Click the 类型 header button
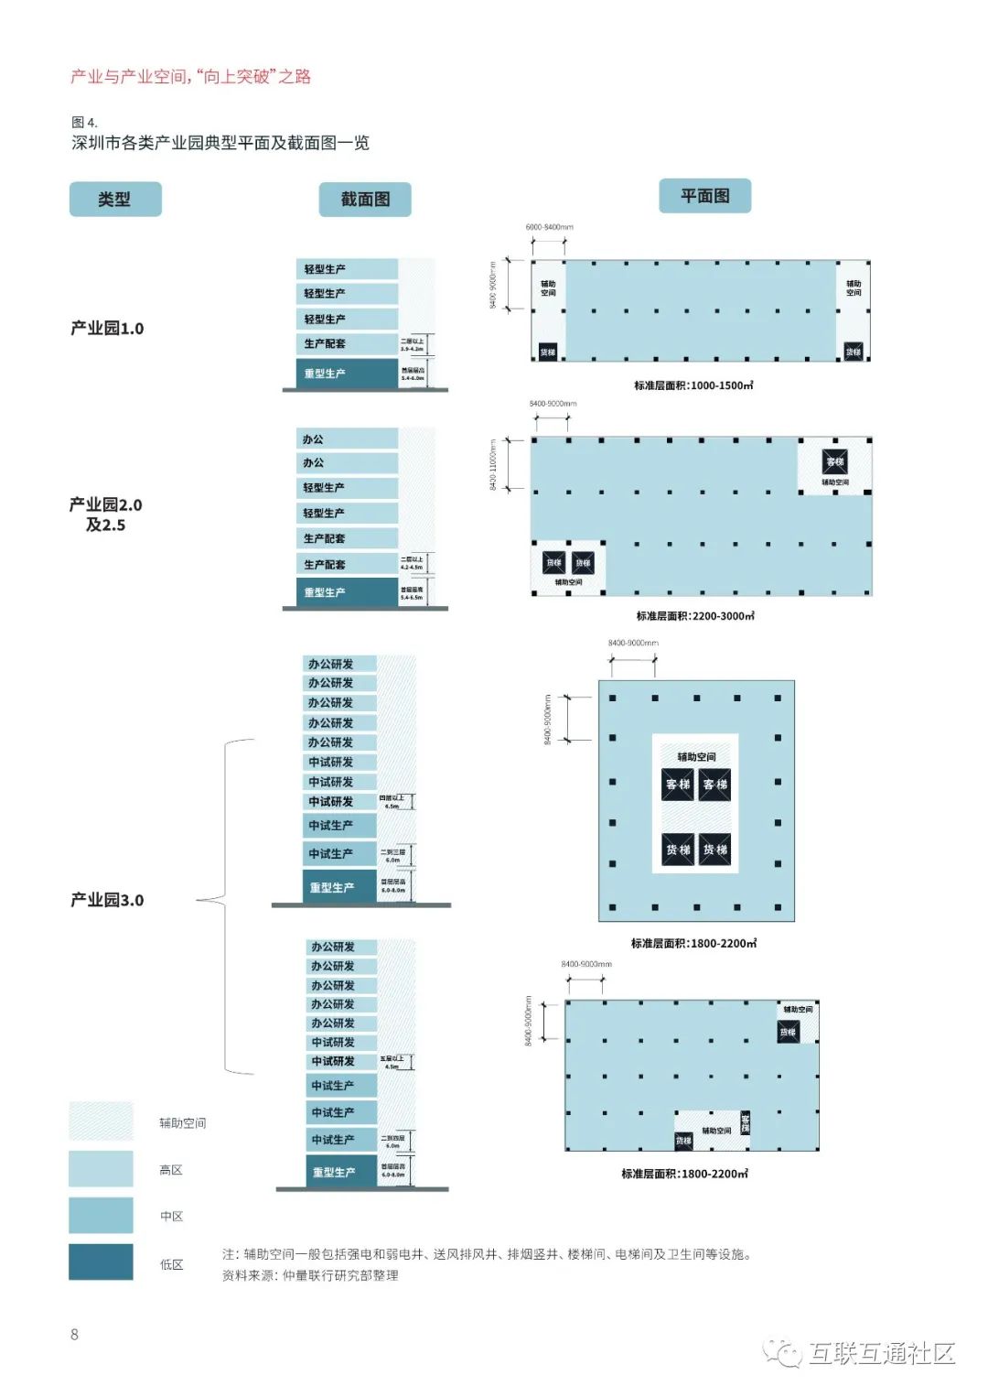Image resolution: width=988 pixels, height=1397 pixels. pos(115,199)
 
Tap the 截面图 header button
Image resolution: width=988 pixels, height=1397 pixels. pos(365,199)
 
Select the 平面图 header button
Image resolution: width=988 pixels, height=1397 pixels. pos(704,196)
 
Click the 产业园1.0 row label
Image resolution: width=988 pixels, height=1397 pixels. pos(107,329)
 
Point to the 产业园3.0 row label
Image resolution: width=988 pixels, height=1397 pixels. pos(107,900)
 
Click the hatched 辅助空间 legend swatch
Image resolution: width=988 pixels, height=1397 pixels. pos(101,1121)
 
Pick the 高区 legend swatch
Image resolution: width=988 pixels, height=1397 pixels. pos(101,1169)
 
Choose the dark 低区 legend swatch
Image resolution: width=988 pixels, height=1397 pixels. pos(101,1262)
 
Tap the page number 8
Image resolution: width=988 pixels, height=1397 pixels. pos(74,1335)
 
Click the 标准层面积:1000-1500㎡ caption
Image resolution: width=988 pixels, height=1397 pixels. pos(693,385)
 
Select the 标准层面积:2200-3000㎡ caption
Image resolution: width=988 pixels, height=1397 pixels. pos(695,616)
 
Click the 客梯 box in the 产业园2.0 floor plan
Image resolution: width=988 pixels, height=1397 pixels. pos(834,462)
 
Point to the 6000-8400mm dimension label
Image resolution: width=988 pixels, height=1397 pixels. pos(549,227)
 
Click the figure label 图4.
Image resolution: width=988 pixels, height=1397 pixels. pos(84,123)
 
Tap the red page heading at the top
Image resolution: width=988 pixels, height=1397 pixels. pos(190,77)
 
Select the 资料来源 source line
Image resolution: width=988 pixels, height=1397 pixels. pos(310,1275)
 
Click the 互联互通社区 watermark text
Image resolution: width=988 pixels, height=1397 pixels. pos(881,1353)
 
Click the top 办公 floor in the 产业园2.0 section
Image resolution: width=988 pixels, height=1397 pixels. pos(347,439)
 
